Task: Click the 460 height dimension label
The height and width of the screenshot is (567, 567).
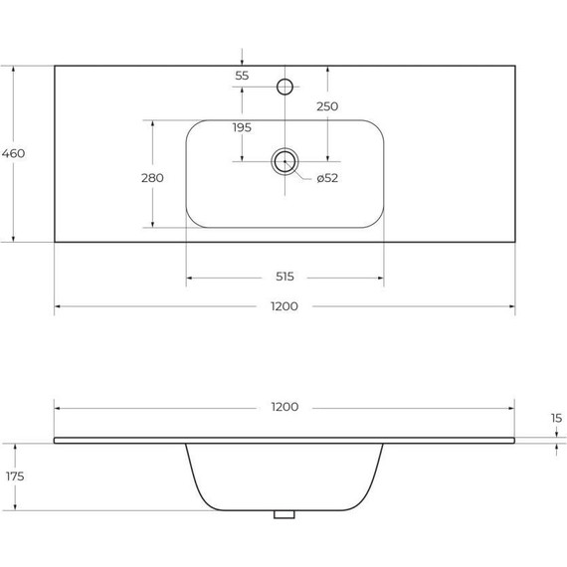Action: (13, 153)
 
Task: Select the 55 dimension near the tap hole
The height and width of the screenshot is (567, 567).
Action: (242, 76)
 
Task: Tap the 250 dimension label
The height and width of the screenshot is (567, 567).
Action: (327, 106)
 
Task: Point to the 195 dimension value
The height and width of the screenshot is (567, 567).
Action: (242, 127)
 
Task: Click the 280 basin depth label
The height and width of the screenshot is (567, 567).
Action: (152, 177)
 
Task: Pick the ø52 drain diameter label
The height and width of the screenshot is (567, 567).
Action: (328, 178)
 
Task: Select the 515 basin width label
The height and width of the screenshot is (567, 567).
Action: (284, 277)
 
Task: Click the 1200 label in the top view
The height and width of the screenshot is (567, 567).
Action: (284, 306)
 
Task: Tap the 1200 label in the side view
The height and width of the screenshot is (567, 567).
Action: (284, 407)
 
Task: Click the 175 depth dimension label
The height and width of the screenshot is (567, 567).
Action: (13, 476)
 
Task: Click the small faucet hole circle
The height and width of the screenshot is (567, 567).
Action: (284, 87)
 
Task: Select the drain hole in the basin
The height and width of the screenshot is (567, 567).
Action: (284, 161)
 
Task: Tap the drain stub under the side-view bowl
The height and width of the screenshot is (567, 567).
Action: (285, 515)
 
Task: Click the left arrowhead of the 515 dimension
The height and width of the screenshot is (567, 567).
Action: (189, 277)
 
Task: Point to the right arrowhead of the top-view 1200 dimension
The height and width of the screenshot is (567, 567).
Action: (511, 306)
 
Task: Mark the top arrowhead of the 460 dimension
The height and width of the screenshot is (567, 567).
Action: (13, 69)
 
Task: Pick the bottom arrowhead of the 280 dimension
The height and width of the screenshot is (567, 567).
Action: (152, 224)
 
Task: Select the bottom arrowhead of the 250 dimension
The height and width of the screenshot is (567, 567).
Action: (327, 157)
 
